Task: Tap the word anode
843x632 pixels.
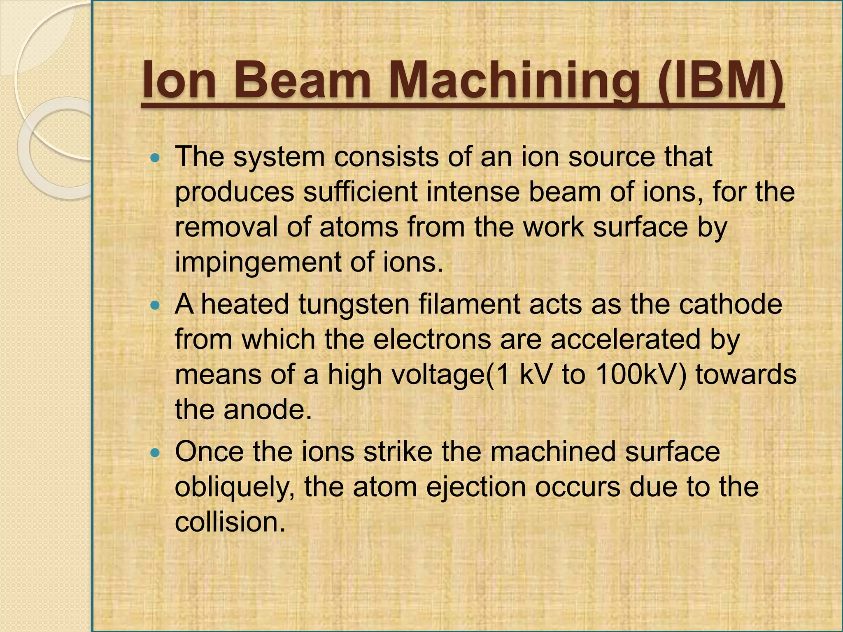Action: point(268,410)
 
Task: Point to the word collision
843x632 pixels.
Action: point(230,523)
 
